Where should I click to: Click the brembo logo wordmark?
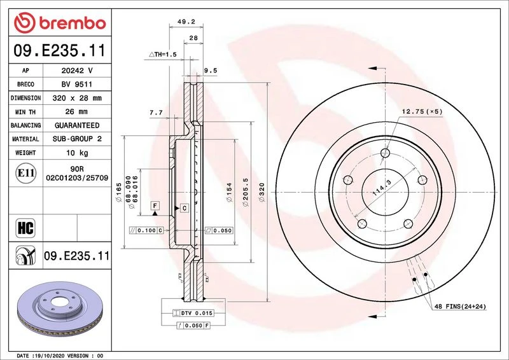(73, 24)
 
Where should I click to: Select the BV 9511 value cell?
(77, 85)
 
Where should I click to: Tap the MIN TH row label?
(25, 112)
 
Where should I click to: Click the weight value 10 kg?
(77, 153)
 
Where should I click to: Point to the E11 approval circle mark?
(25, 173)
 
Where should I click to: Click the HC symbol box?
(25, 228)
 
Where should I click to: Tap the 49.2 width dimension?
(186, 22)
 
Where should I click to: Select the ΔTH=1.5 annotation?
(163, 55)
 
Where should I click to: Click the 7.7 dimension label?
(156, 113)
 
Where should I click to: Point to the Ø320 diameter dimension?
(261, 192)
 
